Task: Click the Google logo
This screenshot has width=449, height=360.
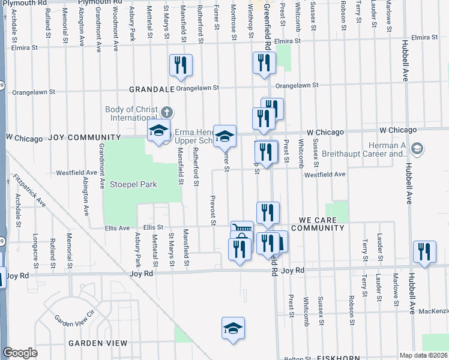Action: pos(19,353)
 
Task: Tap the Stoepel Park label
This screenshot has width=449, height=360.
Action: pos(133,184)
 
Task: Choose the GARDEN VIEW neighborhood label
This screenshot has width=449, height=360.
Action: pos(97,343)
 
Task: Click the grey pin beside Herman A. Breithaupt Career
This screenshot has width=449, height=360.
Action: pos(418,148)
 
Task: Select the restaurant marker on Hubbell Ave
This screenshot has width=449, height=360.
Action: pos(424,252)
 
